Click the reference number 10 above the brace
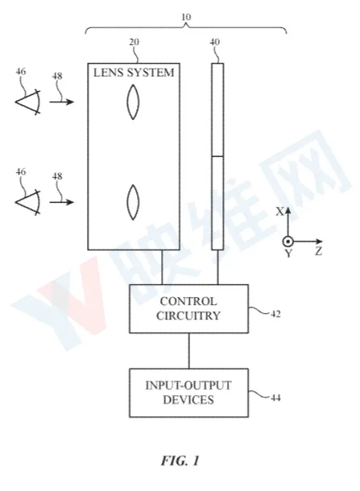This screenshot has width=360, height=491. tap(186, 17)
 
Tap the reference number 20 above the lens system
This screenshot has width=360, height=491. tap(134, 42)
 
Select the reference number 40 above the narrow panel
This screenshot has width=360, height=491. tap(215, 42)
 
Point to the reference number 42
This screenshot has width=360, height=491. tap(275, 314)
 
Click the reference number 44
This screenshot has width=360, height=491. tap(275, 398)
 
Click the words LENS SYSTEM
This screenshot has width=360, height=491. tap(134, 72)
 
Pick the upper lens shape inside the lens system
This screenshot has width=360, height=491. tap(133, 101)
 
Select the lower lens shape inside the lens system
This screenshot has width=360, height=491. tap(133, 202)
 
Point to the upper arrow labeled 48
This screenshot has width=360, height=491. tap(62, 101)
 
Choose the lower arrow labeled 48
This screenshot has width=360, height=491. tap(62, 202)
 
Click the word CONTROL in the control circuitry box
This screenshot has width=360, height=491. tap(188, 301)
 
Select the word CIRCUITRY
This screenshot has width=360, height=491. tap(188, 316)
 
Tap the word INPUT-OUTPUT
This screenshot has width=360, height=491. tap(188, 386)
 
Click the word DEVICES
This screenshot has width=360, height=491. tap(188, 399)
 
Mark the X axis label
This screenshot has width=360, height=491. tap(279, 212)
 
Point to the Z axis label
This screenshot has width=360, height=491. tap(319, 251)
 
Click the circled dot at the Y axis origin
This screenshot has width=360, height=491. tap(288, 241)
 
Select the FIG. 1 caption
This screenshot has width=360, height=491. tap(180, 460)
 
